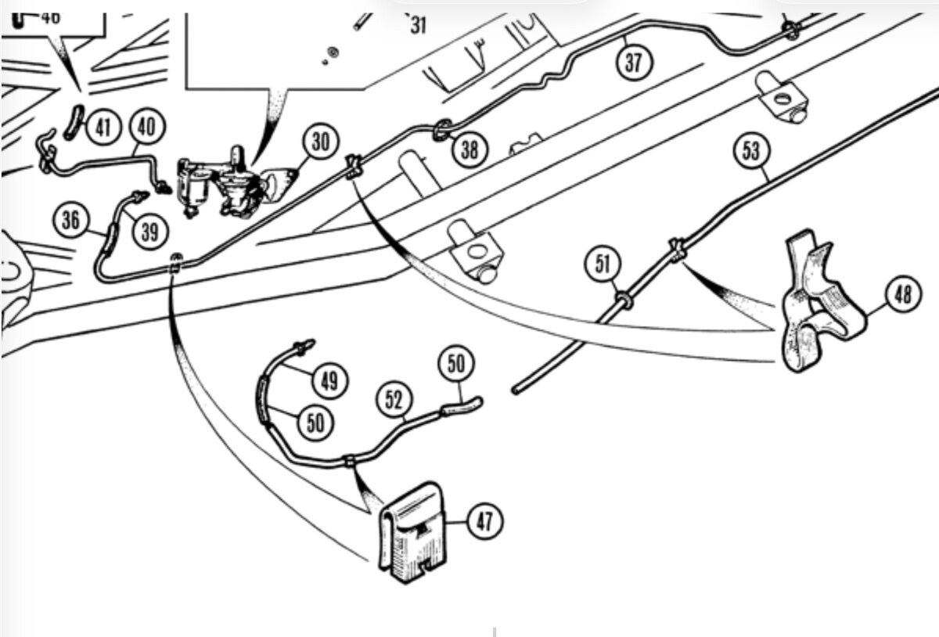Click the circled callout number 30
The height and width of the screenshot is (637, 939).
tap(319, 144)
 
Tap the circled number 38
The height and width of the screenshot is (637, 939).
tap(469, 149)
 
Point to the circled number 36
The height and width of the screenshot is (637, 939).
tap(70, 220)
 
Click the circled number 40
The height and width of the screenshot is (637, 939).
tap(146, 126)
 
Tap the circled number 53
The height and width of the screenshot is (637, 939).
tap(750, 151)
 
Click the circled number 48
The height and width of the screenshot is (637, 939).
tap(903, 295)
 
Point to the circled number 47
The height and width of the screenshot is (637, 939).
tap(485, 520)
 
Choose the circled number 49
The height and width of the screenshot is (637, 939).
tap(331, 381)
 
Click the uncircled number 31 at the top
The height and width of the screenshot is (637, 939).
tap(419, 27)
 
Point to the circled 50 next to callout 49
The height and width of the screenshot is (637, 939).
tap(315, 423)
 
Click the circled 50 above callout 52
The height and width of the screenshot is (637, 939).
tap(456, 364)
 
